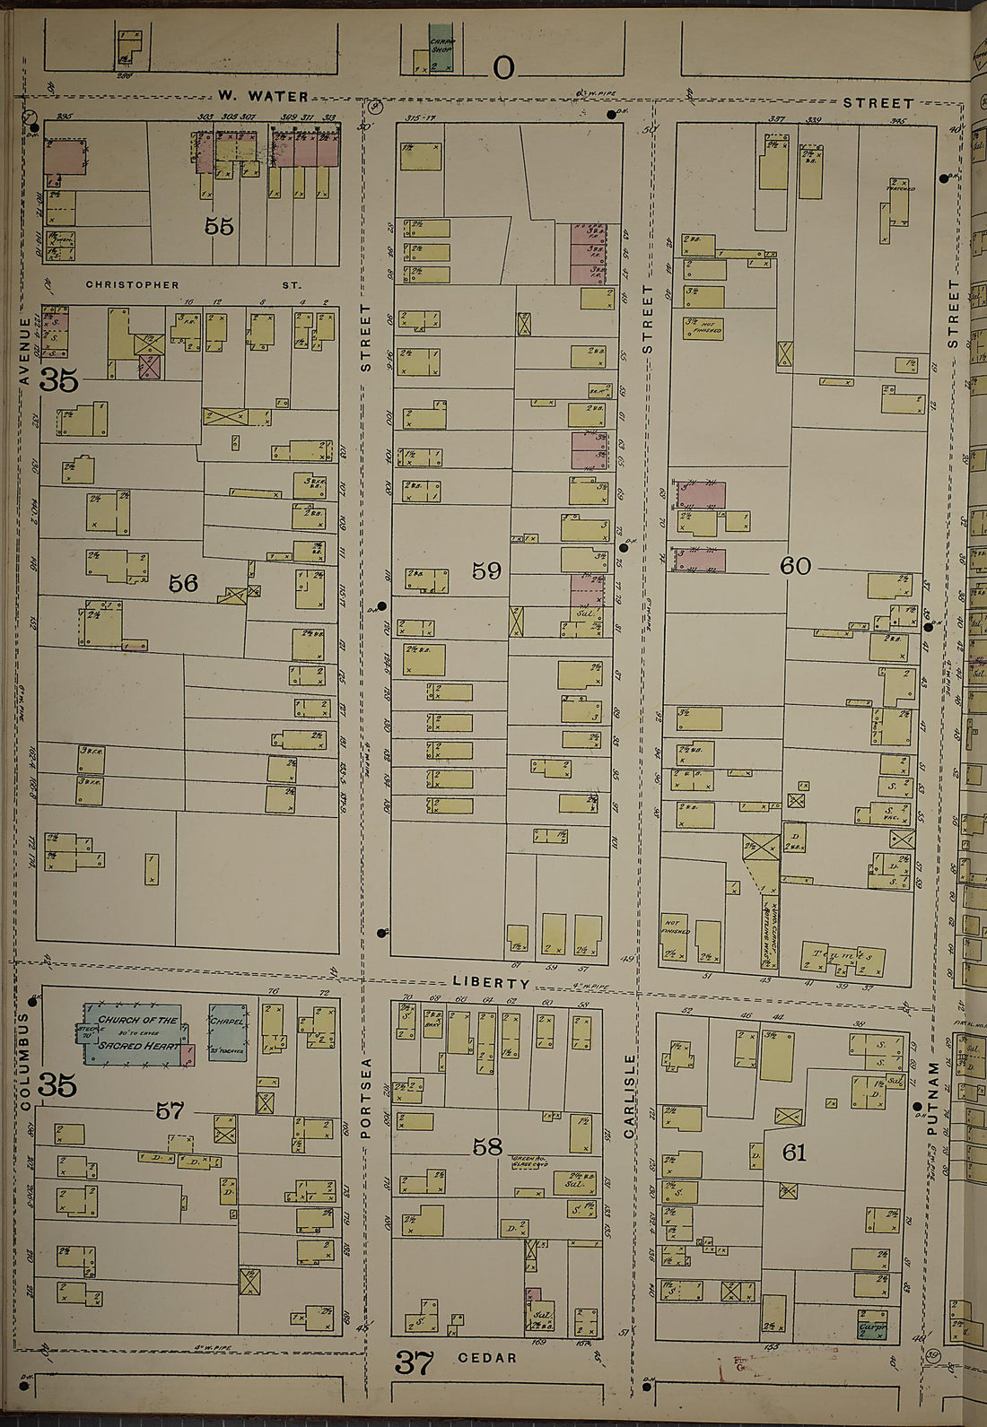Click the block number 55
coord(219,226)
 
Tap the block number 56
coord(183,584)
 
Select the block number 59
coord(486,570)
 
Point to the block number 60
coord(795,566)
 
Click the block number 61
coord(794,1153)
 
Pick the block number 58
coord(487,1146)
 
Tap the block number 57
coord(170,1111)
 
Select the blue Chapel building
coord(227,1031)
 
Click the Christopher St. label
coord(193,285)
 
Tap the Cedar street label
coord(487,1358)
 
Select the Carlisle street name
coord(630,1096)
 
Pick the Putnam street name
coord(933,1099)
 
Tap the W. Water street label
coord(265,96)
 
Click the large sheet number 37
coord(415,1363)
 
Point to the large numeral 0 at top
coord(503,68)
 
